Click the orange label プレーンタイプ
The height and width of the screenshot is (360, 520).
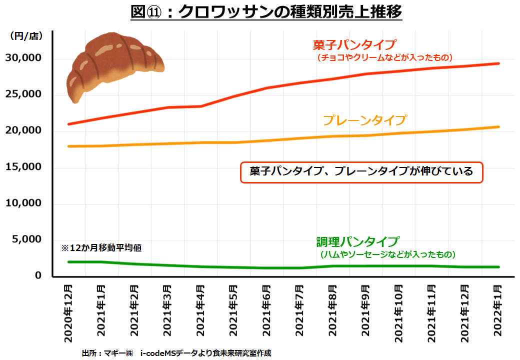click(364, 120)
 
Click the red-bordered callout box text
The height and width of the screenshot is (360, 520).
click(361, 172)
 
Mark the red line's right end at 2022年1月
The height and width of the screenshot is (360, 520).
click(498, 63)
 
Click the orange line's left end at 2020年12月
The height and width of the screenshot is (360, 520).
click(69, 146)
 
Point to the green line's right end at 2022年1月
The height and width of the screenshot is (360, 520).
click(498, 267)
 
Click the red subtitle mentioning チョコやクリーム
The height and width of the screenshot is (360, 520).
click(384, 57)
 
